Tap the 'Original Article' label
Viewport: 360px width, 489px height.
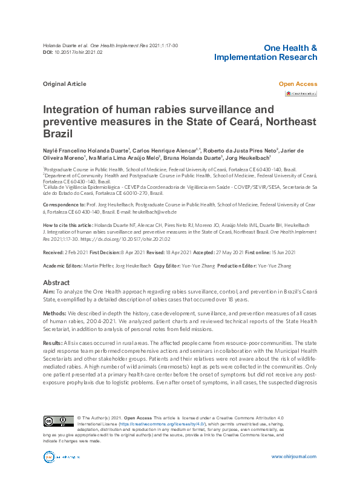click(x=64, y=84)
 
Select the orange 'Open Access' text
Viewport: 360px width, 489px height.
click(x=297, y=84)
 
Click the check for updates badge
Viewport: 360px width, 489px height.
click(x=301, y=94)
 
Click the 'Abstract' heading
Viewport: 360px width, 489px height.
click(x=56, y=283)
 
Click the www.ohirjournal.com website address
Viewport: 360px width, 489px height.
click(x=294, y=457)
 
